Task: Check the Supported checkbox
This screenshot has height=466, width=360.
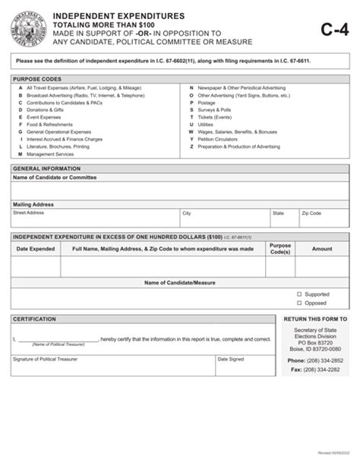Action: pos(299,294)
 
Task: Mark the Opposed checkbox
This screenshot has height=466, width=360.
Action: pos(299,302)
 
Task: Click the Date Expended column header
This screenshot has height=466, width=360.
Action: pos(36,248)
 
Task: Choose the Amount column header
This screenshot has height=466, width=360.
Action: pos(322,248)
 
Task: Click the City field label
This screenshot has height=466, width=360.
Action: pos(186,214)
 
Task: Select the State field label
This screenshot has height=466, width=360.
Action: pos(278,214)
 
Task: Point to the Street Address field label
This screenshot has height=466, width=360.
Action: pos(29,213)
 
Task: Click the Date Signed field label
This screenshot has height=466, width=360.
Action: pos(230,359)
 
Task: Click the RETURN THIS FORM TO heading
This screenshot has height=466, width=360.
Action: pos(315,320)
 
